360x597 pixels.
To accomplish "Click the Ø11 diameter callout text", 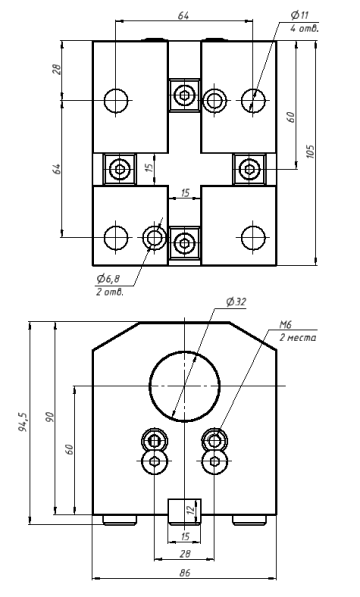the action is click(299, 15).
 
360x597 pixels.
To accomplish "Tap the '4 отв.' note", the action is click(304, 28).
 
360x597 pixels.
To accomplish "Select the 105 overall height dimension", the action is click(311, 152).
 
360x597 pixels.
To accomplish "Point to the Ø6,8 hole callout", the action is click(108, 279).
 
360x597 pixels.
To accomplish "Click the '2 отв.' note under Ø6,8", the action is click(110, 292).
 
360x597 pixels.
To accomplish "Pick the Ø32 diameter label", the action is click(236, 302).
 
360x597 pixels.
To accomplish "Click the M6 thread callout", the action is click(285, 324).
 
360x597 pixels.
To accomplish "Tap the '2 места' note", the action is click(298, 338).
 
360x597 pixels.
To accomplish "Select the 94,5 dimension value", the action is click(22, 423).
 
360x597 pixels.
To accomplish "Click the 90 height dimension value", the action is click(50, 417).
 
